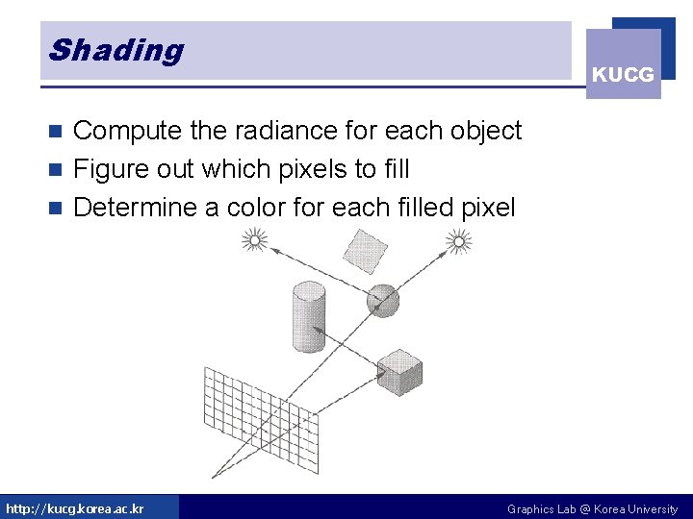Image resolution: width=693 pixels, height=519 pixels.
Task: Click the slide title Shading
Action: tap(115, 50)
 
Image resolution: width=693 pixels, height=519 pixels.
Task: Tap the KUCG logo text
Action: tap(623, 74)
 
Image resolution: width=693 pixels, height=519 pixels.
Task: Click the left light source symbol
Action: tap(253, 239)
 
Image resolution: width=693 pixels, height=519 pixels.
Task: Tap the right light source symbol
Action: tap(460, 243)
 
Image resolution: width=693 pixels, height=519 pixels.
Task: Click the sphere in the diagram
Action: tap(383, 301)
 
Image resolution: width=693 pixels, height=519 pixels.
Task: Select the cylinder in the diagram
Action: tap(308, 317)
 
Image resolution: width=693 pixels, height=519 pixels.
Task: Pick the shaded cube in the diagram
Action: tap(398, 372)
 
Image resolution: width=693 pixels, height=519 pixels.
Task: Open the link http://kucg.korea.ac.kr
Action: tap(75, 508)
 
